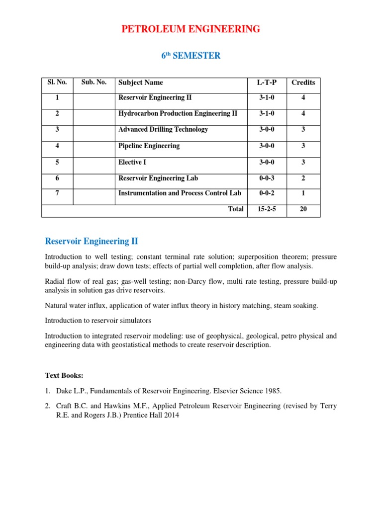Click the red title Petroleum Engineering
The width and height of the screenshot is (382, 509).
coord(191,29)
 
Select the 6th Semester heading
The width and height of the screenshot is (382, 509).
coord(191,56)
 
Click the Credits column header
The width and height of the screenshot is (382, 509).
coord(303,83)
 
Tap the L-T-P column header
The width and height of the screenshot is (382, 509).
coord(267,83)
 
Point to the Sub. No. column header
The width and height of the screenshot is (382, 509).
coord(94,83)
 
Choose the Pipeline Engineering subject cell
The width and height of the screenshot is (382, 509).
coord(149,146)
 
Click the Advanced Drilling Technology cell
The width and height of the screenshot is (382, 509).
coord(163,130)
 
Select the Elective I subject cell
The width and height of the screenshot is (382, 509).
coord(132,162)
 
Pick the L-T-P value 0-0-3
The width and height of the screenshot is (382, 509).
coord(267,178)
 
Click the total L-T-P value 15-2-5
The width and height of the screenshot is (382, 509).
coord(267,209)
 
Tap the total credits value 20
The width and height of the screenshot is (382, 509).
coord(303,209)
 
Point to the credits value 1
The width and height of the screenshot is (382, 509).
coord(303,193)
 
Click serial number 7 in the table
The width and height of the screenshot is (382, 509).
coord(57,193)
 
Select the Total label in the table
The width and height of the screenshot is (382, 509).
coord(236,209)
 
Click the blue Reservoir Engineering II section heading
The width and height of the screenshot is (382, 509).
coord(92,242)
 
